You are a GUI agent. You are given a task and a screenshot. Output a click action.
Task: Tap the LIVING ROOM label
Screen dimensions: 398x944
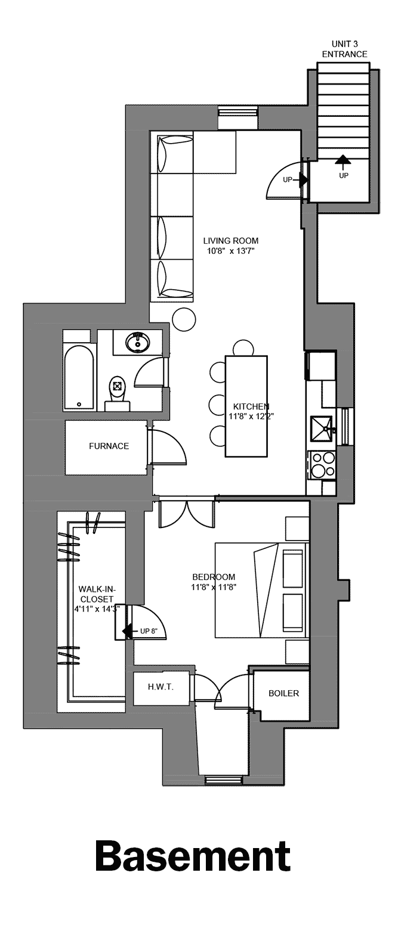tap(231, 241)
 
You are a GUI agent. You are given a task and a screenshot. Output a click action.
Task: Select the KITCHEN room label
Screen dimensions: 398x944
tap(251, 406)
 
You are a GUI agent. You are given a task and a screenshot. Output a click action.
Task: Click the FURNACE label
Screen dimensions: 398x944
tap(109, 446)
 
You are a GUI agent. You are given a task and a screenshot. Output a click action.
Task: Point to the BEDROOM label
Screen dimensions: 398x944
tap(214, 577)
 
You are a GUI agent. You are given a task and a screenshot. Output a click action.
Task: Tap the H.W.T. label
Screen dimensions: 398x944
tap(161, 687)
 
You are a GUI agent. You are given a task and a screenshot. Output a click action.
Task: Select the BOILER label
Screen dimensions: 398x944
tap(283, 693)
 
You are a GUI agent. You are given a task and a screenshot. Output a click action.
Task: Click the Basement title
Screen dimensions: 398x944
tap(192, 856)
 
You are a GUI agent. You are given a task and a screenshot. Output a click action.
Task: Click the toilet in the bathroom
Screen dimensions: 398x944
tap(118, 391)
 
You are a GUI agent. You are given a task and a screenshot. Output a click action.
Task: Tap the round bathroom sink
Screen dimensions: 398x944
tap(138, 343)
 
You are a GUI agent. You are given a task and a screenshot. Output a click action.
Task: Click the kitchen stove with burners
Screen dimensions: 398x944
tap(322, 465)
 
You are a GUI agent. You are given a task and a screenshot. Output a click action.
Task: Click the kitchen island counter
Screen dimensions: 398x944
tap(246, 406)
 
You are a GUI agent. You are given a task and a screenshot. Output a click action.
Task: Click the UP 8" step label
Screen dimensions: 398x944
tap(149, 631)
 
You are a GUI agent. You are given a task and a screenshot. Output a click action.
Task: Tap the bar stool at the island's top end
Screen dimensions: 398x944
tap(243, 347)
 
